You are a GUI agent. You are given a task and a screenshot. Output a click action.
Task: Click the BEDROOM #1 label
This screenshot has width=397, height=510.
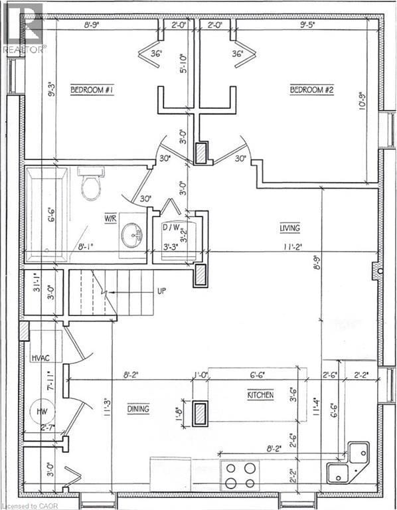click(x=92, y=90)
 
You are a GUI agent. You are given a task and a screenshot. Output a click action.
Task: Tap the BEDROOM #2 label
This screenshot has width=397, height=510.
click(x=311, y=90)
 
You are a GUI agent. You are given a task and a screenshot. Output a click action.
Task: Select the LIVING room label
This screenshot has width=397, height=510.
click(x=289, y=228)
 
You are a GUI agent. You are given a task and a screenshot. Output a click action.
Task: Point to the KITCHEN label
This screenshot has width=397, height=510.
click(x=261, y=394)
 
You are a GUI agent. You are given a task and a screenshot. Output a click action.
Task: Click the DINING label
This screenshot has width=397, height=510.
click(x=138, y=409)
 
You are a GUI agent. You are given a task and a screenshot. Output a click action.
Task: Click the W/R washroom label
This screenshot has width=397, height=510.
click(x=110, y=217)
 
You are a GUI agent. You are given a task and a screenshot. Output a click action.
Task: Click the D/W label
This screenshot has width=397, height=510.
click(x=172, y=228)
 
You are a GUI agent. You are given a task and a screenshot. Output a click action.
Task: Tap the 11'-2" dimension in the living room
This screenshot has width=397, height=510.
click(x=289, y=247)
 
